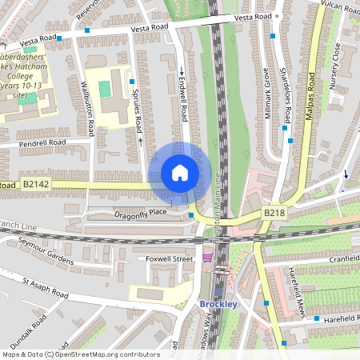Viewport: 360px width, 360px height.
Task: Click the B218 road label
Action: point(274,214)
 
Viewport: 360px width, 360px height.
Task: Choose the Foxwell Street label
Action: point(170,259)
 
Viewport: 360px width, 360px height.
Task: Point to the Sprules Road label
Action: point(138,112)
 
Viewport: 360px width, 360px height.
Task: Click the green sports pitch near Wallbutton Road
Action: point(105,86)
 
